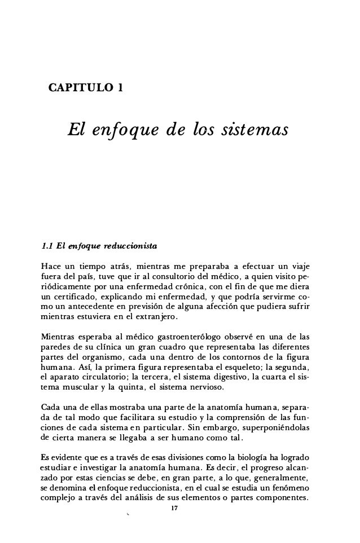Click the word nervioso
coord(195,379)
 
